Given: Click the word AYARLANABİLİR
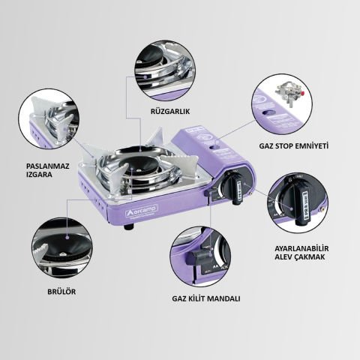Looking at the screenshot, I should click(302, 249).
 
